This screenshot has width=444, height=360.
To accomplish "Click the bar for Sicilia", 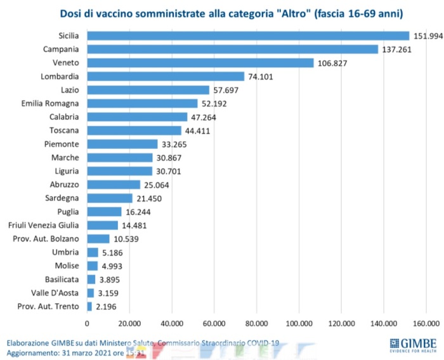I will click(248, 35).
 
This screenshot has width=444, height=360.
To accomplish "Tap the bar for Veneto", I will click(200, 63).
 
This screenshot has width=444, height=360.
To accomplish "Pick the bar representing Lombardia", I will click(166, 77).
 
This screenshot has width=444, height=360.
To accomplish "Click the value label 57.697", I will click(228, 90).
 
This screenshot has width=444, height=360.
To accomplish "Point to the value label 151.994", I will click(428, 35).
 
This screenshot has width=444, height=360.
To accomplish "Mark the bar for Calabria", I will click(138, 117).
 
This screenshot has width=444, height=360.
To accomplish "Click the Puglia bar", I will click(104, 212).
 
